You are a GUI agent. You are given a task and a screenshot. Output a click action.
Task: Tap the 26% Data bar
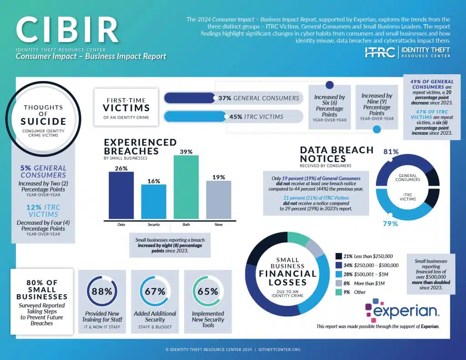[121, 195]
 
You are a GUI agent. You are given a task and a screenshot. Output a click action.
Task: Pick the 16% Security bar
[153, 201]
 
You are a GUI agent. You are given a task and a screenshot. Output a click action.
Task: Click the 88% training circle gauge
[102, 291]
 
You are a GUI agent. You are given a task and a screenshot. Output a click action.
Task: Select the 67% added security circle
[155, 291]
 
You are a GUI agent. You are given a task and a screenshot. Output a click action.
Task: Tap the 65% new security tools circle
[208, 291]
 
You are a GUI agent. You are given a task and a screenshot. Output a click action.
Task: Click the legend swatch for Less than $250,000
[338, 256]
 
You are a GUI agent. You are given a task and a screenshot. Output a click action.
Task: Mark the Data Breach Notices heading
[336, 154]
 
